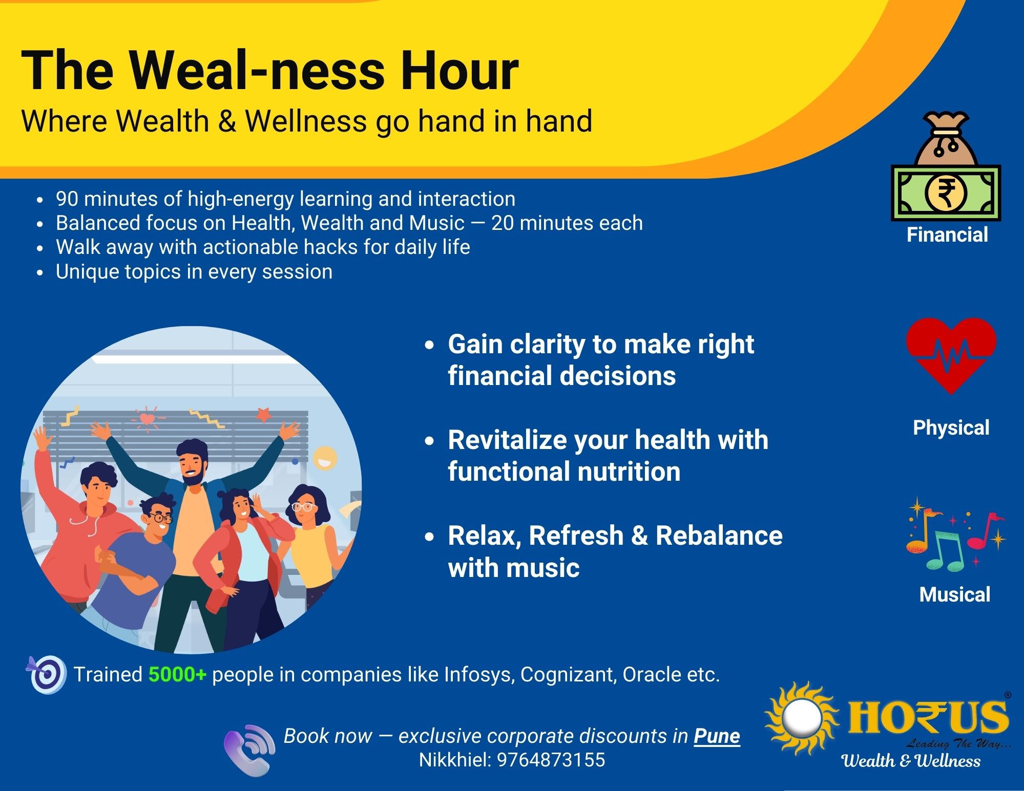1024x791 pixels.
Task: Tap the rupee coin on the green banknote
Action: [946, 194]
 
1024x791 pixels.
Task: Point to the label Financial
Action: [947, 235]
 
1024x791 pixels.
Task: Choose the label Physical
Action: [951, 428]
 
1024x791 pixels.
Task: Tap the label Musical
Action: [954, 595]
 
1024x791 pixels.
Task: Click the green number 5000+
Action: [177, 675]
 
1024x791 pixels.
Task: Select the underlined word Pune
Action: [717, 736]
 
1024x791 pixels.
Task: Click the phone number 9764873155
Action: [551, 760]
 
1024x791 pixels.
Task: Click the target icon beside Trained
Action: [47, 674]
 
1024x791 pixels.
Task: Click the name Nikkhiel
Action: [454, 760]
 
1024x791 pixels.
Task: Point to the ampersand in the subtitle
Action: [227, 122]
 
